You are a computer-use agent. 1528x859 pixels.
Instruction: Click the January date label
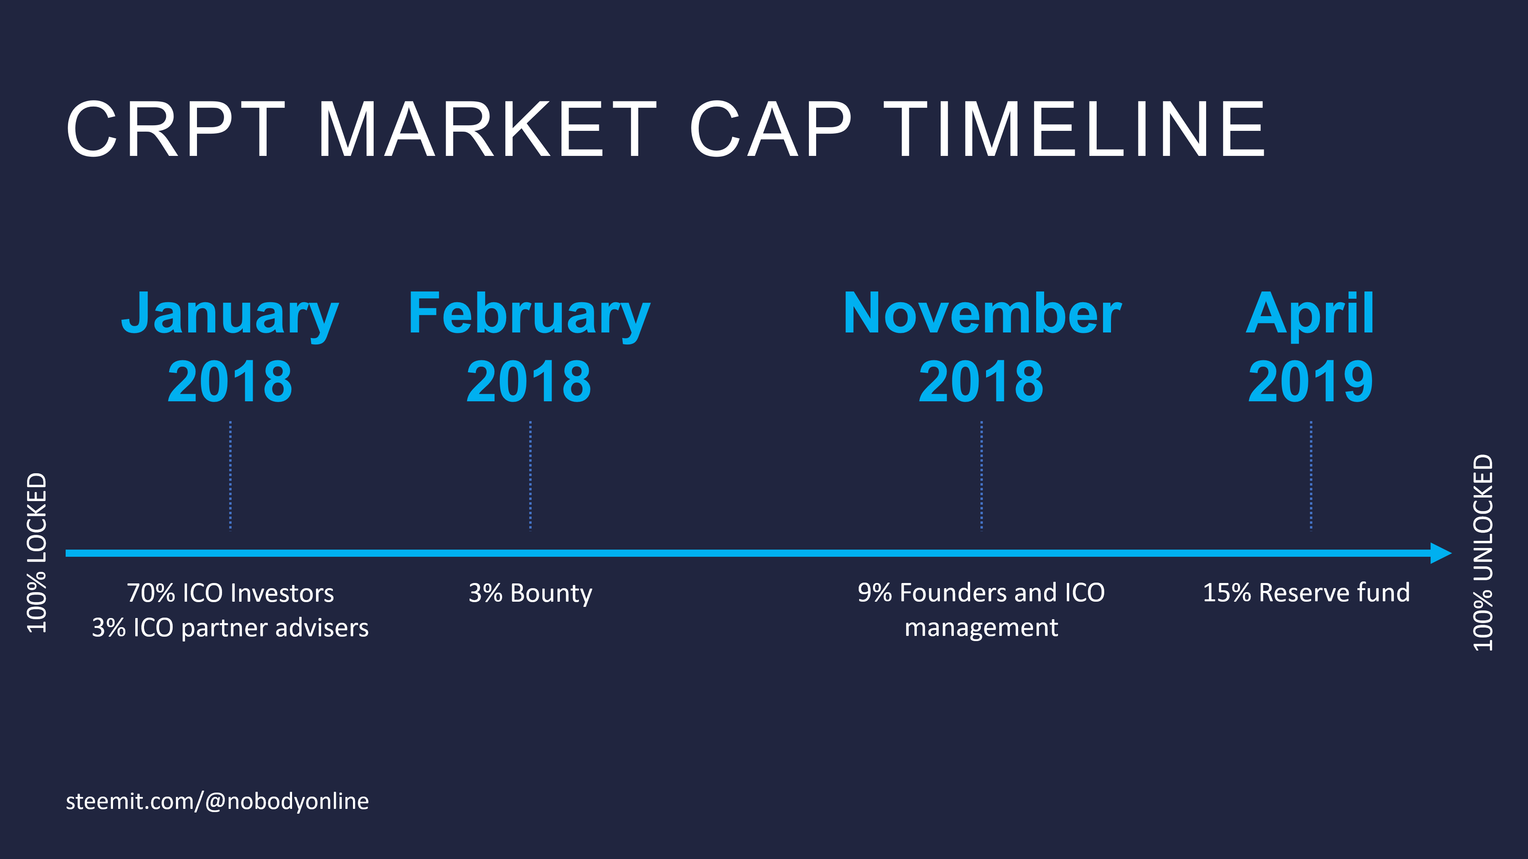click(x=230, y=348)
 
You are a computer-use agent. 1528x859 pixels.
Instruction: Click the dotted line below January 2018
click(x=230, y=476)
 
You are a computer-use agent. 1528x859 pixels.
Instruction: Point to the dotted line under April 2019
click(x=1311, y=476)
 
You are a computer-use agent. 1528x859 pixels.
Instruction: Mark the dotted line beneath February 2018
click(x=530, y=476)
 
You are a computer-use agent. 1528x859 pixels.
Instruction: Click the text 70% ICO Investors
click(x=230, y=593)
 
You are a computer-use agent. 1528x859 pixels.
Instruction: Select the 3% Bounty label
click(x=530, y=593)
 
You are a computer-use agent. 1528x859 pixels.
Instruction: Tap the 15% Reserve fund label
click(x=1306, y=593)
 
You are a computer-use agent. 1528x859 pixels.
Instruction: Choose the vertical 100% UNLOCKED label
click(x=1483, y=552)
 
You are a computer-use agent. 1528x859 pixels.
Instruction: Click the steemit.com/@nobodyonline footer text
click(x=217, y=801)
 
